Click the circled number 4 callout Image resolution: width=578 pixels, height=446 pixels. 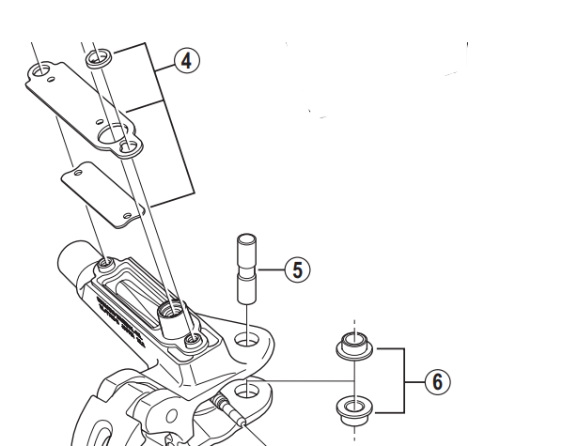coord(186,61)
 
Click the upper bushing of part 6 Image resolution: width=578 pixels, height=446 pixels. coord(351,346)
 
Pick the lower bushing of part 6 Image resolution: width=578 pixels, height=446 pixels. coord(351,408)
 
